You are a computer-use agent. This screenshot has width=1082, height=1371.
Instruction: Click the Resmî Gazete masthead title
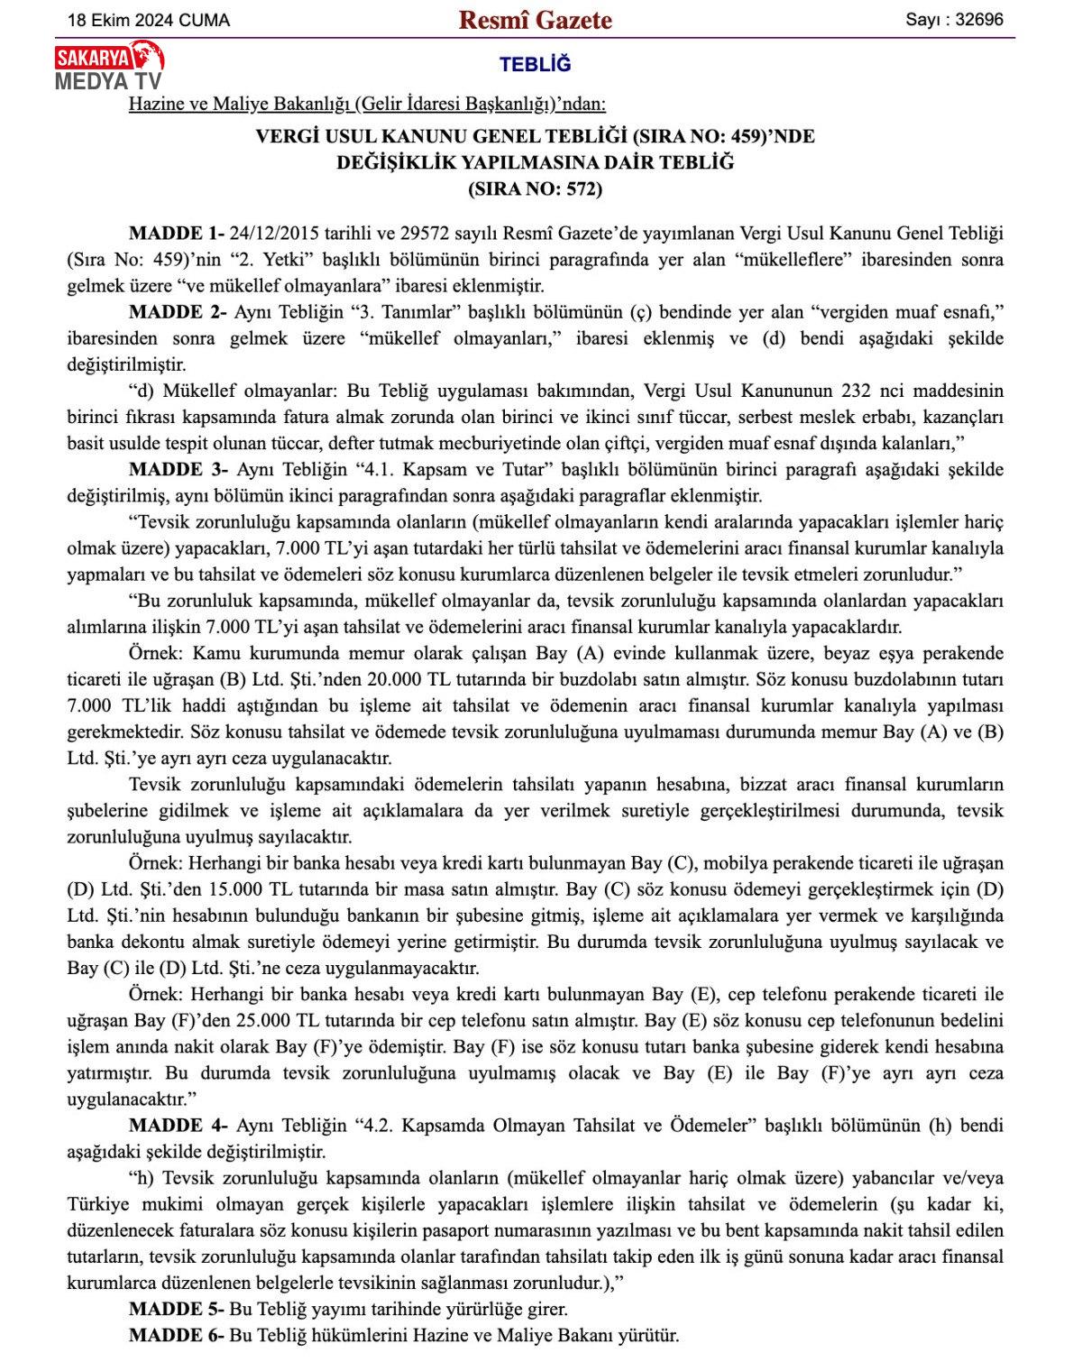pyautogui.click(x=535, y=20)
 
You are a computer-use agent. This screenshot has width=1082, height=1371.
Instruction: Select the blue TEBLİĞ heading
pyautogui.click(x=535, y=65)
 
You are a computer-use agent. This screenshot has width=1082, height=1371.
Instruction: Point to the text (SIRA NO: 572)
pyautogui.click(x=535, y=189)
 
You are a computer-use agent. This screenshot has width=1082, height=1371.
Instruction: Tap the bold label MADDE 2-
pyautogui.click(x=177, y=312)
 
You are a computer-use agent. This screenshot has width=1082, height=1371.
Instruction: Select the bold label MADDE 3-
pyautogui.click(x=177, y=470)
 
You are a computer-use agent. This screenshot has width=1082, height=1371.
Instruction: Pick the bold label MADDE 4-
pyautogui.click(x=177, y=1126)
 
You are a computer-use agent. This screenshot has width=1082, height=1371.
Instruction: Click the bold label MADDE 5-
pyautogui.click(x=177, y=1309)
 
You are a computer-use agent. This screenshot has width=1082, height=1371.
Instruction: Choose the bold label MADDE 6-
pyautogui.click(x=177, y=1335)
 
